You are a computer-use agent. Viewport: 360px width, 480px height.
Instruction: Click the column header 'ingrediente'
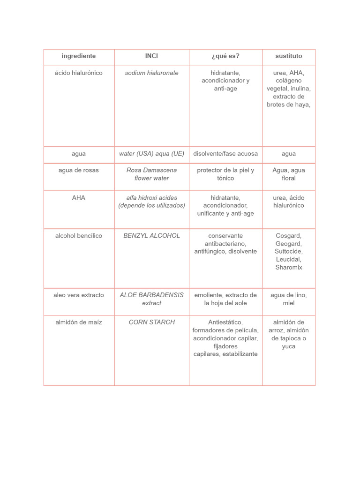pyautogui.click(x=79, y=56)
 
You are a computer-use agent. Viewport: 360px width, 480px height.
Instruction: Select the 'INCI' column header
pyautogui.click(x=151, y=56)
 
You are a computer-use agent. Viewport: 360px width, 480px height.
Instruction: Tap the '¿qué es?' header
pyautogui.click(x=225, y=56)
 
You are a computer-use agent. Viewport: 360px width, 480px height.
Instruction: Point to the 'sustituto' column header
pyautogui.click(x=289, y=56)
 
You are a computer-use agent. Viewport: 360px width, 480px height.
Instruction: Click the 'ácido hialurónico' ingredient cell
pyautogui.click(x=79, y=73)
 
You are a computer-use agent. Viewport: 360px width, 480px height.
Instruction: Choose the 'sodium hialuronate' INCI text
pyautogui.click(x=151, y=73)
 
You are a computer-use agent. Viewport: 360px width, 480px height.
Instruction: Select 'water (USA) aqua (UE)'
pyautogui.click(x=151, y=154)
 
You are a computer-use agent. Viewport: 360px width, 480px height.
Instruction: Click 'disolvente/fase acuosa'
pyautogui.click(x=225, y=154)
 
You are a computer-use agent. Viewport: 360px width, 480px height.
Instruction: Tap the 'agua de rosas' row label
pyautogui.click(x=79, y=170)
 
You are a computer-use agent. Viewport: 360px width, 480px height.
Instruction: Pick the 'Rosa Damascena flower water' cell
pyautogui.click(x=151, y=174)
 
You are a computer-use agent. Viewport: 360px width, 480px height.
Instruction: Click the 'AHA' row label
pyautogui.click(x=79, y=198)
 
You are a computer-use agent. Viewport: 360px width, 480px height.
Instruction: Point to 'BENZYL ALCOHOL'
pyautogui.click(x=151, y=236)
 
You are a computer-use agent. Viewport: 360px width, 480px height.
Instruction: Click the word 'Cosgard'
pyautogui.click(x=289, y=236)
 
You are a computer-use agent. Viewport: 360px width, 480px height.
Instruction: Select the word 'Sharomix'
pyautogui.click(x=289, y=267)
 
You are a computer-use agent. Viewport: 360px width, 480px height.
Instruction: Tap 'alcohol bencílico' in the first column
pyautogui.click(x=79, y=236)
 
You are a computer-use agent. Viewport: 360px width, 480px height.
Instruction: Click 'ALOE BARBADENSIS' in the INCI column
pyautogui.click(x=151, y=295)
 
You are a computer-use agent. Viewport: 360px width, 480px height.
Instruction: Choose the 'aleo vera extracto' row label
pyautogui.click(x=79, y=295)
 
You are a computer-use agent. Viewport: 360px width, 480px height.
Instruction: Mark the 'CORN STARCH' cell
pyautogui.click(x=151, y=322)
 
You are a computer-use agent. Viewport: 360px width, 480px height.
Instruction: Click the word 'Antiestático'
pyautogui.click(x=225, y=322)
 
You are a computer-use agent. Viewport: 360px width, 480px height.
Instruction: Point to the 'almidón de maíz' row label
pyautogui.click(x=79, y=322)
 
